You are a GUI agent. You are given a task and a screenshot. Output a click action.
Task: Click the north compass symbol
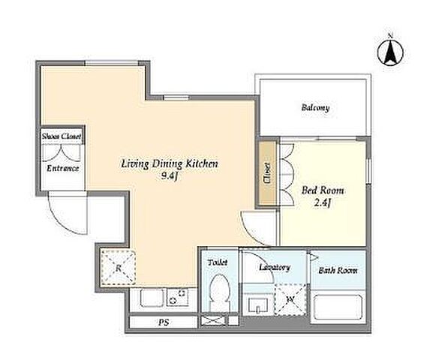390,51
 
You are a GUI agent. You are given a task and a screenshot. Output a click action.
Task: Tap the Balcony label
315,107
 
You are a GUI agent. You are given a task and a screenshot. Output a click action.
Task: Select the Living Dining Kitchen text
170,164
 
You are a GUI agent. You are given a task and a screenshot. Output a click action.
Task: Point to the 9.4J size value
170,176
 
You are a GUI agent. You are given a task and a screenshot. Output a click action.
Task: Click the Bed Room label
323,190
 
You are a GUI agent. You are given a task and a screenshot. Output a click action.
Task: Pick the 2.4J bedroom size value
323,202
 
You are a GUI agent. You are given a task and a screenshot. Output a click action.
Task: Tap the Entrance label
63,169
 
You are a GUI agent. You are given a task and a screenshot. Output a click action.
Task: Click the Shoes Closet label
62,136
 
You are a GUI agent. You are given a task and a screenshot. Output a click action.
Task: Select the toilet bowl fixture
220,293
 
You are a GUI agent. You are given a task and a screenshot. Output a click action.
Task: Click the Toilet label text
218,262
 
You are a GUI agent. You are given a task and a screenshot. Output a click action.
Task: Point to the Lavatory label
275,267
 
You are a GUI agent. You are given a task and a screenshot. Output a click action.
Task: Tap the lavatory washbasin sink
258,305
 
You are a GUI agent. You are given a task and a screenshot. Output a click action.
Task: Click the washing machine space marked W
290,299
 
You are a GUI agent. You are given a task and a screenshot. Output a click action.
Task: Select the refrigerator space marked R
118,268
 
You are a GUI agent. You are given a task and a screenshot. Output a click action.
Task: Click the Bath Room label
338,270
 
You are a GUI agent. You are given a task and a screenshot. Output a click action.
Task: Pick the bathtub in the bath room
338,307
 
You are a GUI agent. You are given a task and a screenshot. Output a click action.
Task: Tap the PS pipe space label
164,322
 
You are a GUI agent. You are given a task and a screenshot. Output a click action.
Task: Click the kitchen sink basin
152,298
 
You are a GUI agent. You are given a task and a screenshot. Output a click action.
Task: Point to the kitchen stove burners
177,297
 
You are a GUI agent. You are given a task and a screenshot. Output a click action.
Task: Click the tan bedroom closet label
267,173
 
